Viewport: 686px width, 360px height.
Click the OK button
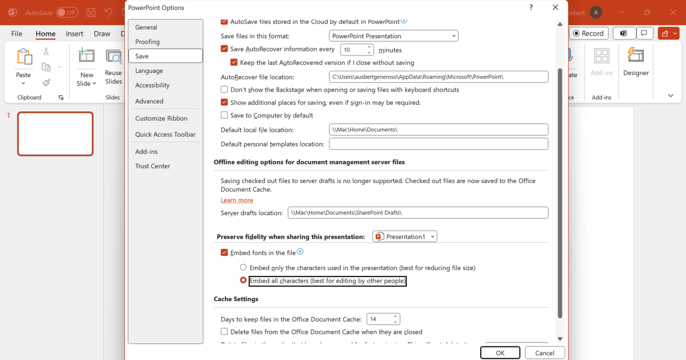pos(500,352)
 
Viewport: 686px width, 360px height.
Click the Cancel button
pos(544,352)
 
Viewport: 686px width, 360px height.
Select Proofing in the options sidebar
pos(147,42)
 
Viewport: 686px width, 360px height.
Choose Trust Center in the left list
pos(153,166)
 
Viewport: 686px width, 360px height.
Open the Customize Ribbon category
pos(161,118)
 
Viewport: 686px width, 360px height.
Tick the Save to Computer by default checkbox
pos(224,115)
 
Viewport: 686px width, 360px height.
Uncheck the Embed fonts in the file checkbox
pos(224,253)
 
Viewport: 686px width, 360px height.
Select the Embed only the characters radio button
pos(243,268)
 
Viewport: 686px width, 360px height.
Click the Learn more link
pos(237,200)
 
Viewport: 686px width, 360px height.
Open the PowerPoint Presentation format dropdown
pos(393,36)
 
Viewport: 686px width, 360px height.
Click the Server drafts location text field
pos(418,213)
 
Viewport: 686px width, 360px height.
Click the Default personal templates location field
pos(438,144)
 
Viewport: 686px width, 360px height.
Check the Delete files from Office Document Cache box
pos(224,332)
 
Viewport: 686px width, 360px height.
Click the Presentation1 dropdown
pos(405,236)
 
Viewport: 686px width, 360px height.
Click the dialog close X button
pos(555,8)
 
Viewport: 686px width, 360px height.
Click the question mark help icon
pos(531,8)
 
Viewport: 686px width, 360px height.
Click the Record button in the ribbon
pos(588,33)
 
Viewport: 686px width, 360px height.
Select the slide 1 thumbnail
pos(55,134)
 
